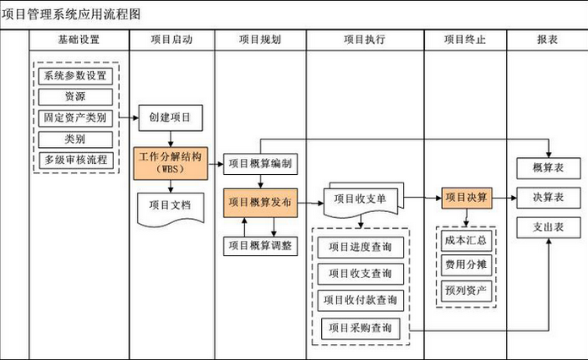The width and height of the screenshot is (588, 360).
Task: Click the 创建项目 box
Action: pyautogui.click(x=171, y=117)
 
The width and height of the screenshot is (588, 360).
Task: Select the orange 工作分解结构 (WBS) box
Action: pyautogui.click(x=171, y=163)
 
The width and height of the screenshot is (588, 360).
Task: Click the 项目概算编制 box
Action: pyautogui.click(x=260, y=163)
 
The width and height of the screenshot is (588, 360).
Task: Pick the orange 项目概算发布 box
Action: pyautogui.click(x=260, y=203)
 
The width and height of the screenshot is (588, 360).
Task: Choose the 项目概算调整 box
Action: pyautogui.click(x=260, y=246)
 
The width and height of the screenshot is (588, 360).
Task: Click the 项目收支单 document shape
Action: pyautogui.click(x=363, y=200)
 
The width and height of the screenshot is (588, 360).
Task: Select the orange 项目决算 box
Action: pyautogui.click(x=466, y=198)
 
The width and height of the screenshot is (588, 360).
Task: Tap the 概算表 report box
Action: pyautogui.click(x=548, y=168)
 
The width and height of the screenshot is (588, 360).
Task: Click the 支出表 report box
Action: pyautogui.click(x=548, y=227)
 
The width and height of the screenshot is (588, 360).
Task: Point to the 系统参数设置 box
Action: pyautogui.click(x=75, y=76)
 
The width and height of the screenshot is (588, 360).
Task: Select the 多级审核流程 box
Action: pyautogui.click(x=76, y=160)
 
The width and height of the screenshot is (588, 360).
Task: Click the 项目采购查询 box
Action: pyautogui.click(x=361, y=329)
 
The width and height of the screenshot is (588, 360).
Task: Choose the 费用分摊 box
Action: pyautogui.click(x=466, y=265)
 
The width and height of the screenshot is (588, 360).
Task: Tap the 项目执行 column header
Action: pyautogui.click(x=365, y=40)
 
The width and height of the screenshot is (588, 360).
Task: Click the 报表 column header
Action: pyautogui.click(x=547, y=40)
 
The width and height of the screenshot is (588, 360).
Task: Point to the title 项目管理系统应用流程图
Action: pyautogui.click(x=71, y=14)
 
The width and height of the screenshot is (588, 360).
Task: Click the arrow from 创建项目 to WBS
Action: pyautogui.click(x=171, y=139)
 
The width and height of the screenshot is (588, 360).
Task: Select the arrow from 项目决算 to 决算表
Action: pyautogui.click(x=504, y=198)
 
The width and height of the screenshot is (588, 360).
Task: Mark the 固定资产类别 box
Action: pyautogui.click(x=75, y=118)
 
